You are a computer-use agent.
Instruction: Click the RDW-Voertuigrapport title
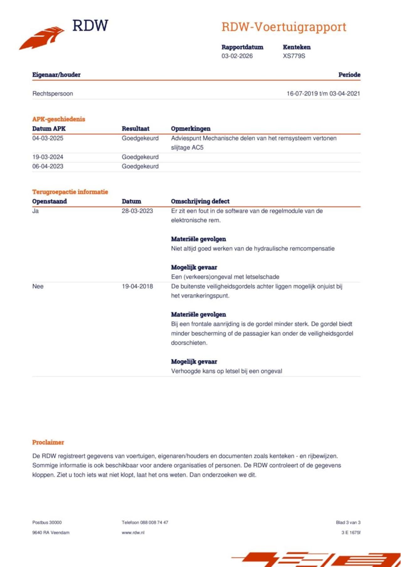click(284, 27)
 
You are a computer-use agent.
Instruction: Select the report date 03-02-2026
click(237, 56)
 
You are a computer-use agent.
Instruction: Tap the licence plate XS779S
click(294, 56)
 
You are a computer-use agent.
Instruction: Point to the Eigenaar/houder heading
click(56, 75)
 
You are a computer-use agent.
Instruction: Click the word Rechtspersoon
click(53, 94)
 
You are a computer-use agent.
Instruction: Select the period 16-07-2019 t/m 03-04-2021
click(323, 94)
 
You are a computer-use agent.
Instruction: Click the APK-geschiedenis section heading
click(59, 119)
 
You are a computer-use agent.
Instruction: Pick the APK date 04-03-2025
click(48, 138)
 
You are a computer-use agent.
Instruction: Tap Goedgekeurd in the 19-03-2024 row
click(140, 157)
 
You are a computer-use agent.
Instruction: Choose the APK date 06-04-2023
click(48, 166)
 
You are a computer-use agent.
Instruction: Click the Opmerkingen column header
click(190, 129)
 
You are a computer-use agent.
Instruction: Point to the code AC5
click(197, 148)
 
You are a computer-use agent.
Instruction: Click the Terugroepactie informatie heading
click(70, 192)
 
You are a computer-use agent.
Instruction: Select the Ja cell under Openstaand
click(35, 211)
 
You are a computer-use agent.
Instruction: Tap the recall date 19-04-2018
click(137, 286)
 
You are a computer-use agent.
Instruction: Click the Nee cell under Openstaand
click(38, 286)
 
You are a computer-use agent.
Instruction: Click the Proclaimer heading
click(48, 442)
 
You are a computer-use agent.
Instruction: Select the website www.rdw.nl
click(133, 533)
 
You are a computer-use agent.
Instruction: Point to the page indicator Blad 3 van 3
click(348, 523)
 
